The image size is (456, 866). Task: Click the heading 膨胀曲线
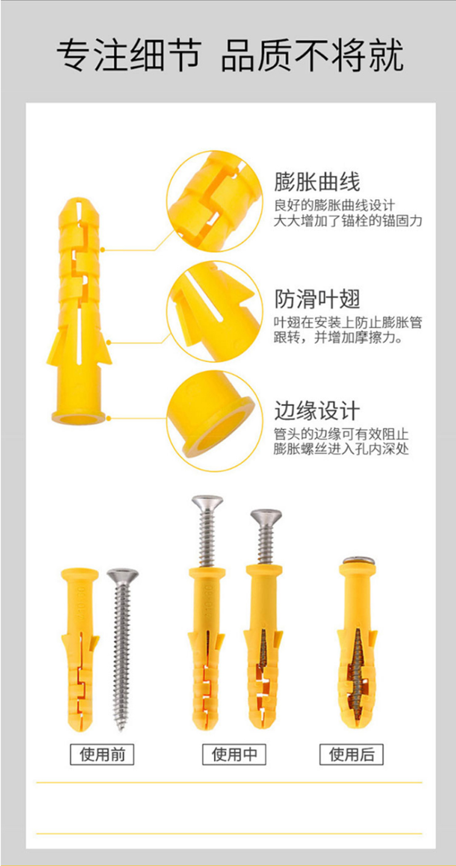[317, 182]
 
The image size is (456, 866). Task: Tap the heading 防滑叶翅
[317, 298]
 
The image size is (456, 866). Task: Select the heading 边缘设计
[317, 411]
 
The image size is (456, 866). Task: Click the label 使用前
[102, 755]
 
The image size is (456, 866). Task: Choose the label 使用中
[234, 755]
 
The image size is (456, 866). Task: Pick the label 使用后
[352, 755]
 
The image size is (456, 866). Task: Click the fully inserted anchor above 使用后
[357, 647]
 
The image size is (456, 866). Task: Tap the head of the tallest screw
[207, 503]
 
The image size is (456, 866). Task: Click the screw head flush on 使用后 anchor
[358, 561]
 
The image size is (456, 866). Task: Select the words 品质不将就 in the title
[312, 57]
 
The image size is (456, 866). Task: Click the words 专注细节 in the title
[128, 57]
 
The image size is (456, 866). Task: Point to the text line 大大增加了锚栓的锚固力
[348, 221]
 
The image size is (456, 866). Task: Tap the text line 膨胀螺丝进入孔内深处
[341, 450]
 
